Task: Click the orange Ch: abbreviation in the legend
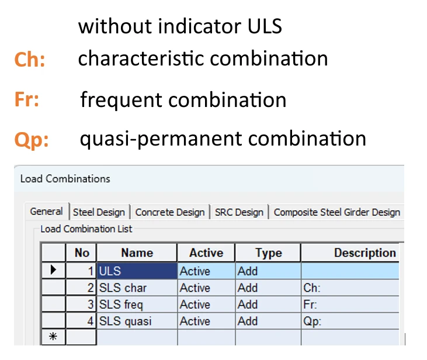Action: pyautogui.click(x=30, y=59)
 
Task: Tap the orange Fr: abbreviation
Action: pyautogui.click(x=27, y=99)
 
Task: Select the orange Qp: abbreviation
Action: pyautogui.click(x=32, y=140)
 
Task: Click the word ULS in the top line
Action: pyautogui.click(x=265, y=26)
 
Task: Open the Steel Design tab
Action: pyautogui.click(x=99, y=212)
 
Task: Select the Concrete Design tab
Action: pyautogui.click(x=170, y=212)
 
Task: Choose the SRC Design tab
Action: pyautogui.click(x=239, y=212)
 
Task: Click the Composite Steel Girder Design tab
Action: pyautogui.click(x=337, y=212)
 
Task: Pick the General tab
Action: pyautogui.click(x=47, y=211)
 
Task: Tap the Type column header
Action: pyautogui.click(x=268, y=252)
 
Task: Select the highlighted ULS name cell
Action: pyautogui.click(x=137, y=271)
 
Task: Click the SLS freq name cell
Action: pyautogui.click(x=137, y=304)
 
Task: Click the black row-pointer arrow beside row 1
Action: pyautogui.click(x=53, y=270)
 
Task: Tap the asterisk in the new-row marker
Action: pyautogui.click(x=53, y=337)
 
